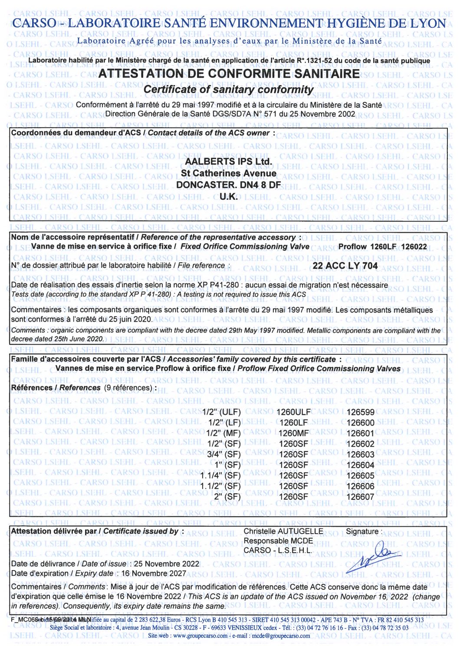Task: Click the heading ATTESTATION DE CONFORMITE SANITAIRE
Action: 229,74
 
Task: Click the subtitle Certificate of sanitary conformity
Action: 228,89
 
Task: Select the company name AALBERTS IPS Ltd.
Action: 229,162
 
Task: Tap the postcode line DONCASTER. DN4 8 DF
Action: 229,185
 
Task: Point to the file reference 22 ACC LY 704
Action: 345,266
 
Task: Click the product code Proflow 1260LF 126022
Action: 382,247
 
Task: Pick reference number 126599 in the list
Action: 360,412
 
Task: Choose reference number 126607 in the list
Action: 360,497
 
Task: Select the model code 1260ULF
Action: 294,412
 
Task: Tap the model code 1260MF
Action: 294,433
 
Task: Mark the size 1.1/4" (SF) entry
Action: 220,475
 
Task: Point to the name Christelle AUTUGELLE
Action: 283,531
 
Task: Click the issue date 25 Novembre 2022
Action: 167,564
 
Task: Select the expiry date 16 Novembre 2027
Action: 154,574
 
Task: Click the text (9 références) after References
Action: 129,388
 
